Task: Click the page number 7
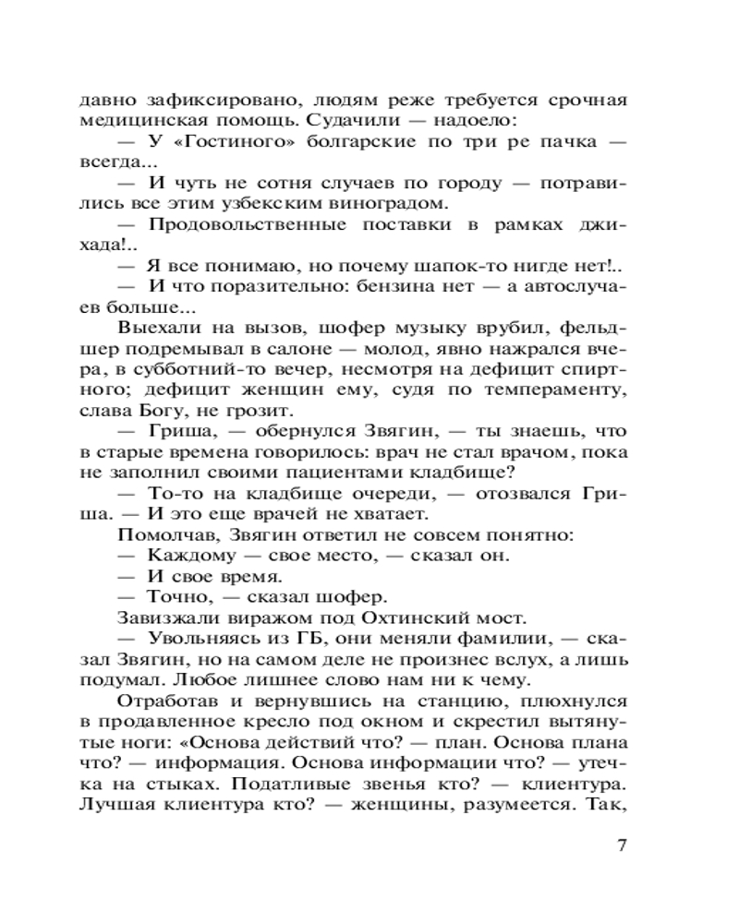pyautogui.click(x=621, y=845)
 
